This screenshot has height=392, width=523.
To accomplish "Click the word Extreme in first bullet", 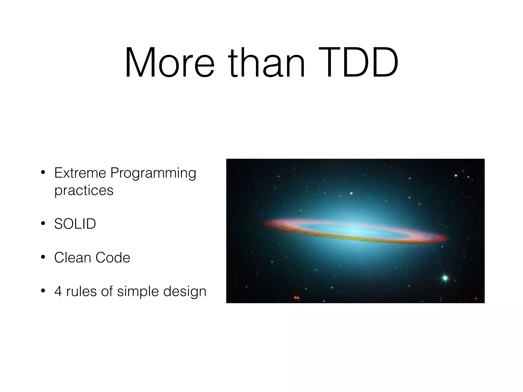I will tap(80, 173).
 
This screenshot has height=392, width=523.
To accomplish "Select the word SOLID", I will tap(75, 224).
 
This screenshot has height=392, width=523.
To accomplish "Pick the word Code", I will tap(113, 257).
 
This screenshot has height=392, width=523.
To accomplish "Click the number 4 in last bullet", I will tap(58, 291).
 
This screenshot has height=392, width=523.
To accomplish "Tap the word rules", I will tap(81, 291).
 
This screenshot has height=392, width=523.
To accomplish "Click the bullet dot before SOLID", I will tap(43, 224).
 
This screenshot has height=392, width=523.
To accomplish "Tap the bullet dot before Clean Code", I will tap(43, 258).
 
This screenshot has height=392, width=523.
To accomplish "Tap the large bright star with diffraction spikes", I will tap(445, 278).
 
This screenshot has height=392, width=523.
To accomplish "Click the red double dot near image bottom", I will tap(296, 298).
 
